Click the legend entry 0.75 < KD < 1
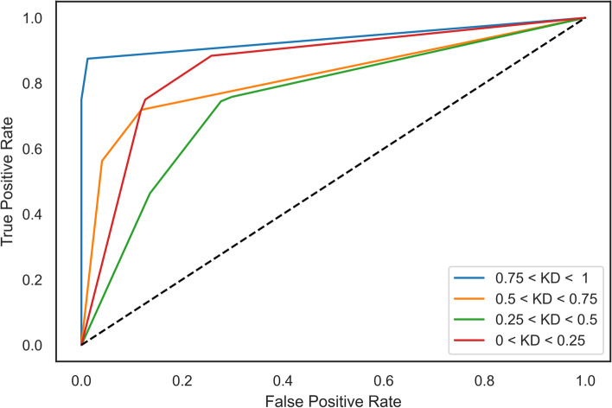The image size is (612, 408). (x=530, y=281)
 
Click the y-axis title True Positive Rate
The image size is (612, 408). (x=10, y=182)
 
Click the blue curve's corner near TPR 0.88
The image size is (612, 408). (x=88, y=59)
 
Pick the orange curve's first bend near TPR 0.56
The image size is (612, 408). (x=102, y=161)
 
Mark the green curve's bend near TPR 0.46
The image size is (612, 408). (x=150, y=194)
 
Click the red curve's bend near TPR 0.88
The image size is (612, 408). (x=212, y=56)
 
